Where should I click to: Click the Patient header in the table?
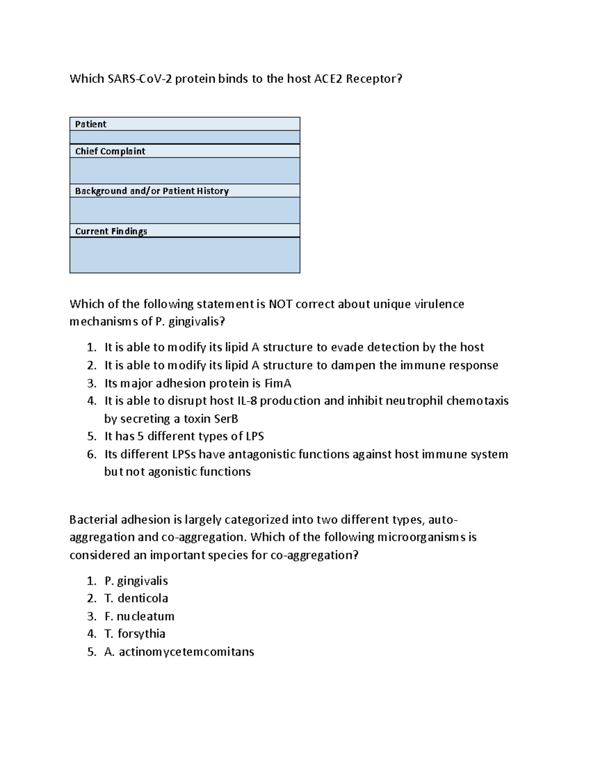tap(91, 124)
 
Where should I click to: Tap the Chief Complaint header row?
tap(110, 151)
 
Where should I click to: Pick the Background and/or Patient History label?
tap(152, 191)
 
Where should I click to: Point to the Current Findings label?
tap(111, 231)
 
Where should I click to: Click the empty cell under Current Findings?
tap(185, 255)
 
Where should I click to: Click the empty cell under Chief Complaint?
tap(185, 170)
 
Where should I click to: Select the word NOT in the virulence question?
tap(280, 304)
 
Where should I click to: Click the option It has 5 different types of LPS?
tap(184, 436)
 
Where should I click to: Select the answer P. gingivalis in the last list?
tap(136, 581)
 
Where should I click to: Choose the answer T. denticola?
tap(136, 599)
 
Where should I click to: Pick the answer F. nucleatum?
tap(139, 616)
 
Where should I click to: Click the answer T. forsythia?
tap(134, 634)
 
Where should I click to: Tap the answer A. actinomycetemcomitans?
tap(179, 652)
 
